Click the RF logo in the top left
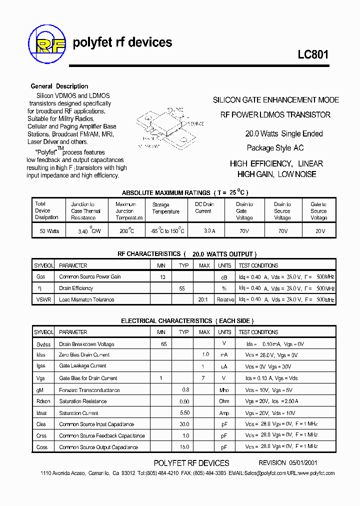47,44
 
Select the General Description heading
59,86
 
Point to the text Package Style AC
275,148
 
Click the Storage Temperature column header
166,208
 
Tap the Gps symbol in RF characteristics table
41,276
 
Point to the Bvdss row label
43,344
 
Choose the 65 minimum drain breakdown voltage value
163,344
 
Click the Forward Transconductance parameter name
89,390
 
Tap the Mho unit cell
224,390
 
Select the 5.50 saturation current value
184,413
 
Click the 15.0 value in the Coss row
184,447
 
